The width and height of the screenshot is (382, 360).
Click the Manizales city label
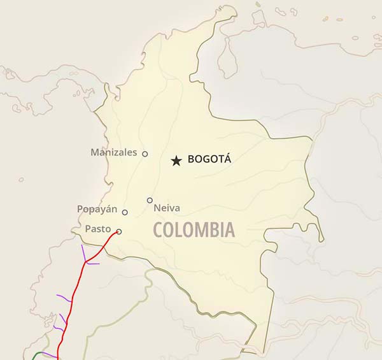(x=113, y=152)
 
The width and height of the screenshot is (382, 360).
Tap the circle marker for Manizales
(x=145, y=154)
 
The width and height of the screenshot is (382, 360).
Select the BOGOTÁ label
(x=209, y=159)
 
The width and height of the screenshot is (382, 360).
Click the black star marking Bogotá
(x=176, y=161)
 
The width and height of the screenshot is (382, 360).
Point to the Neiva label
(x=167, y=208)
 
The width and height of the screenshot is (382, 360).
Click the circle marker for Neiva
(x=150, y=200)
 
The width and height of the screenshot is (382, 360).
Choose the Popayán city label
(x=97, y=209)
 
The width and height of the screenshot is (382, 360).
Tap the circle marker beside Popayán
(x=125, y=212)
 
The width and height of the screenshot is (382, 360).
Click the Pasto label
(x=97, y=229)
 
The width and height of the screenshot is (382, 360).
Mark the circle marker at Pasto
(x=119, y=231)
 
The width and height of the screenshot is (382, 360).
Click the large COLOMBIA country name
(x=194, y=230)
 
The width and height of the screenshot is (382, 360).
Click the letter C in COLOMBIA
(x=157, y=230)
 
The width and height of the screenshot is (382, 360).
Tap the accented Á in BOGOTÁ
(x=227, y=159)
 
